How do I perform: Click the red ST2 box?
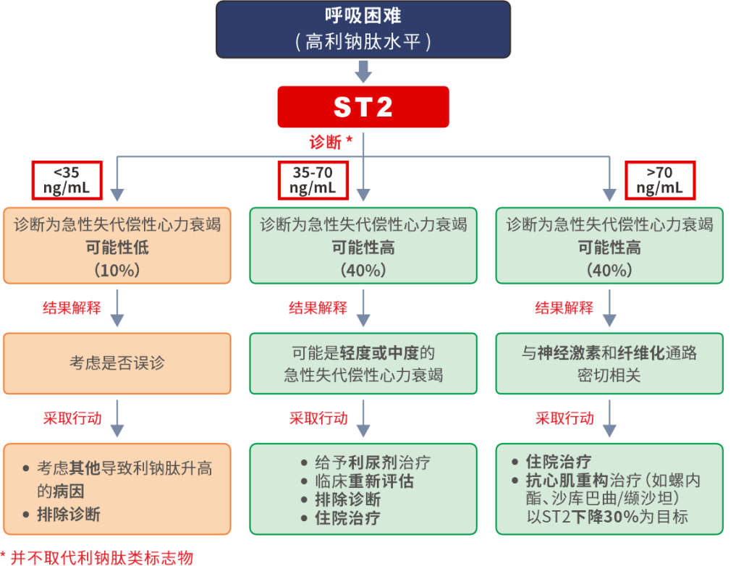(x=363, y=107)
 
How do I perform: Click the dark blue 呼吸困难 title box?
(x=363, y=30)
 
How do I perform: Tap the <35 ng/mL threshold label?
(x=67, y=179)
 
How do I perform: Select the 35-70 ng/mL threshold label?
(x=313, y=179)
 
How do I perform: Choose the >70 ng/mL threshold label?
(x=659, y=179)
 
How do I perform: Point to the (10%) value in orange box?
(x=117, y=270)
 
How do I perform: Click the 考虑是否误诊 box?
(x=117, y=363)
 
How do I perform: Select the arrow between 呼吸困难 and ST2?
(x=363, y=71)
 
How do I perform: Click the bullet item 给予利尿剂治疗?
(x=372, y=462)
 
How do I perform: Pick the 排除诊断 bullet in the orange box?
(x=68, y=515)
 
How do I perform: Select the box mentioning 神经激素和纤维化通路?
(x=609, y=363)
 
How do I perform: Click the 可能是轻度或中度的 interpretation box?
(x=363, y=363)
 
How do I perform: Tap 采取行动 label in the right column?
(x=564, y=418)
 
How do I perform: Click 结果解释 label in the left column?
(x=72, y=307)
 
